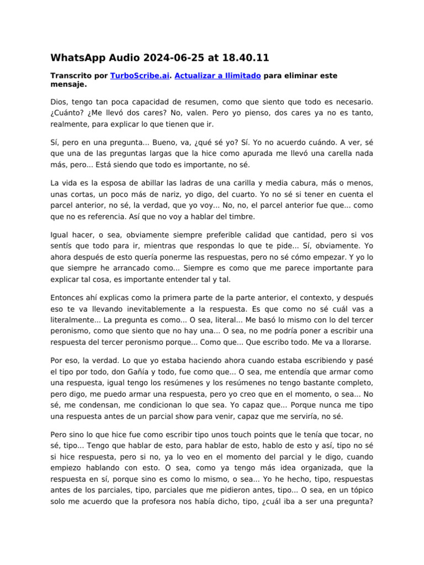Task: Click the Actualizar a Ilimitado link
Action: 218,76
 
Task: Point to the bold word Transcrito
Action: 71,76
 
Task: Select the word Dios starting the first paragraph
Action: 59,102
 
